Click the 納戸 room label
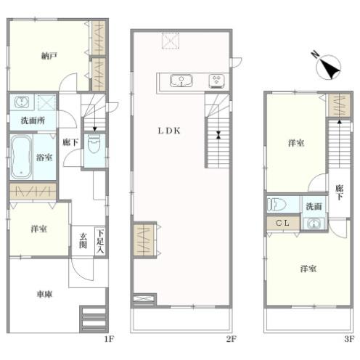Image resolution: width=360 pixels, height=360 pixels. tap(49, 56)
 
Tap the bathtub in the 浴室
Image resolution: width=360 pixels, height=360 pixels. tap(21, 157)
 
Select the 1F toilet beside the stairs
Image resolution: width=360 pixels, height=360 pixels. tap(94, 144)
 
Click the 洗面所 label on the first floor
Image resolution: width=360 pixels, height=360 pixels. tap(33, 120)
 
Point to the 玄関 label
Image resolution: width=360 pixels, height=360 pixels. tap(83, 240)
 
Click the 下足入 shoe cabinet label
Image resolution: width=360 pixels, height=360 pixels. tap(100, 241)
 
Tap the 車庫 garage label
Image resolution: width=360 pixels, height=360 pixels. tap(44, 294)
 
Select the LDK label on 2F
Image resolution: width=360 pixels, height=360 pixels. tap(169, 131)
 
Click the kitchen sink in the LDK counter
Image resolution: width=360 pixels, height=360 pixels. tap(181, 81)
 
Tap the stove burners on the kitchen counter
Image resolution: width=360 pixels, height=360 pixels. tap(217, 81)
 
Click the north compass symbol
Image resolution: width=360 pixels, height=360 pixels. tap(328, 66)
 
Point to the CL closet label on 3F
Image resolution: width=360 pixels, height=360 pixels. tap(282, 223)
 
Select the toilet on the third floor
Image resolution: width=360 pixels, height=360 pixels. tap(277, 205)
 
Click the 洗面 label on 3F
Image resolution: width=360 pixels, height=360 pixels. tap(314, 206)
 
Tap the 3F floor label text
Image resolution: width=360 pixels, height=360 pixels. tap(349, 339)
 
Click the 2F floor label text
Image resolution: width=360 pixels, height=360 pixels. tap(231, 339)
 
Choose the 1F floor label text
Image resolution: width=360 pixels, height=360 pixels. tap(109, 339)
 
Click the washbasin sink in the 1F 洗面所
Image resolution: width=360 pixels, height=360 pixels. tap(22, 102)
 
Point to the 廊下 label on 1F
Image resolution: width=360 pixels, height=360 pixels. tap(70, 142)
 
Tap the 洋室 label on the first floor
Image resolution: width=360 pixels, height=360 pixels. tap(38, 229)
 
